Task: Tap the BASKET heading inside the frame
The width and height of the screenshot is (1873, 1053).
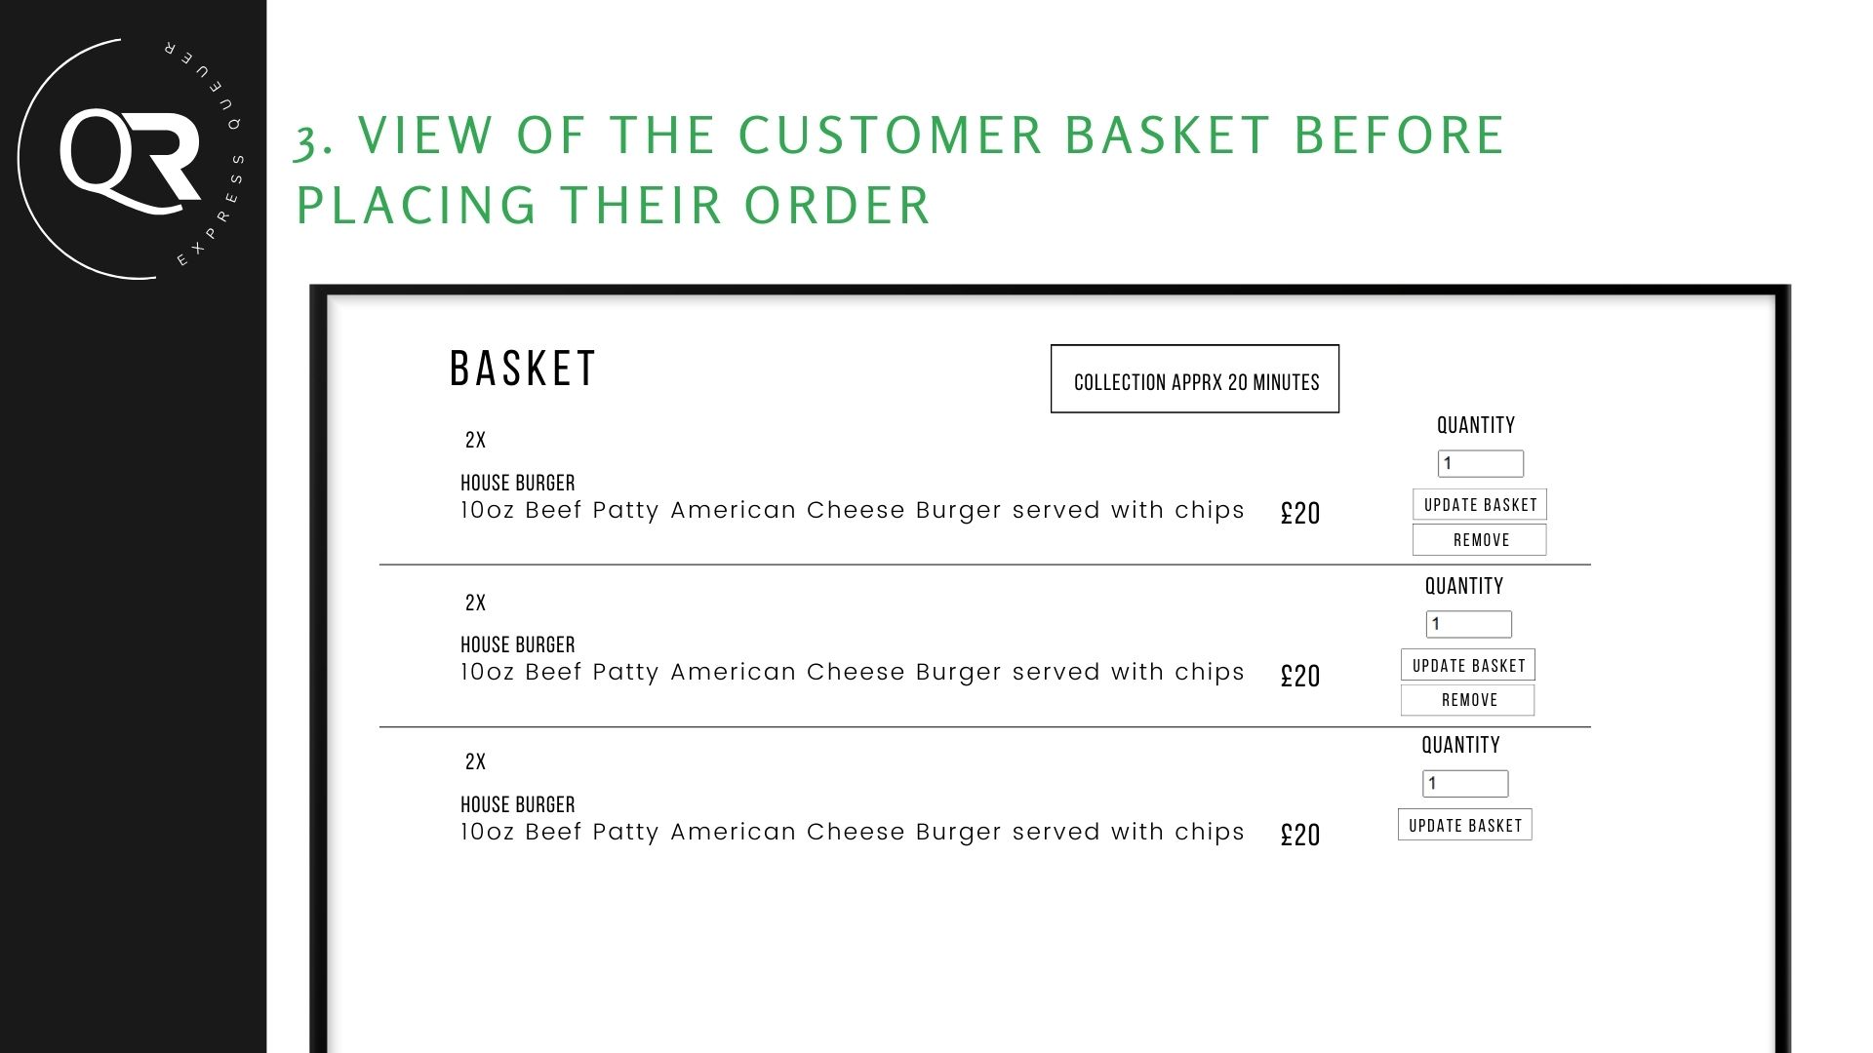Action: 523,369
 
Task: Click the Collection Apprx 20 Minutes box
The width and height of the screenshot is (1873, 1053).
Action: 1195,379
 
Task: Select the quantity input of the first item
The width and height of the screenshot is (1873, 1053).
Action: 1481,463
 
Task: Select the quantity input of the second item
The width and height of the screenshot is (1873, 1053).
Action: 1469,624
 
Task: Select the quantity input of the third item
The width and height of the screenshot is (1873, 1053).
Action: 1465,783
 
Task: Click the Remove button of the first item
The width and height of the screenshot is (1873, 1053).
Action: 1480,540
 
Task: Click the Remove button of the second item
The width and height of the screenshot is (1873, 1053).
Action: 1468,700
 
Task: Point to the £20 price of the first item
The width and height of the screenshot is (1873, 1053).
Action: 1300,514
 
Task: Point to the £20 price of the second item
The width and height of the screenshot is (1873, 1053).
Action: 1300,676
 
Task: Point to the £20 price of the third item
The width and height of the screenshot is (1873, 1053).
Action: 1300,835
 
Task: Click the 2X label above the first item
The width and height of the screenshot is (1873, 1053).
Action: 475,440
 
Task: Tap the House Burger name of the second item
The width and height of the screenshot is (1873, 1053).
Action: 518,644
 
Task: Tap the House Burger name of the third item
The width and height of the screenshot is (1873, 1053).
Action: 518,804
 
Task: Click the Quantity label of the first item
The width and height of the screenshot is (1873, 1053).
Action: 1476,425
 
